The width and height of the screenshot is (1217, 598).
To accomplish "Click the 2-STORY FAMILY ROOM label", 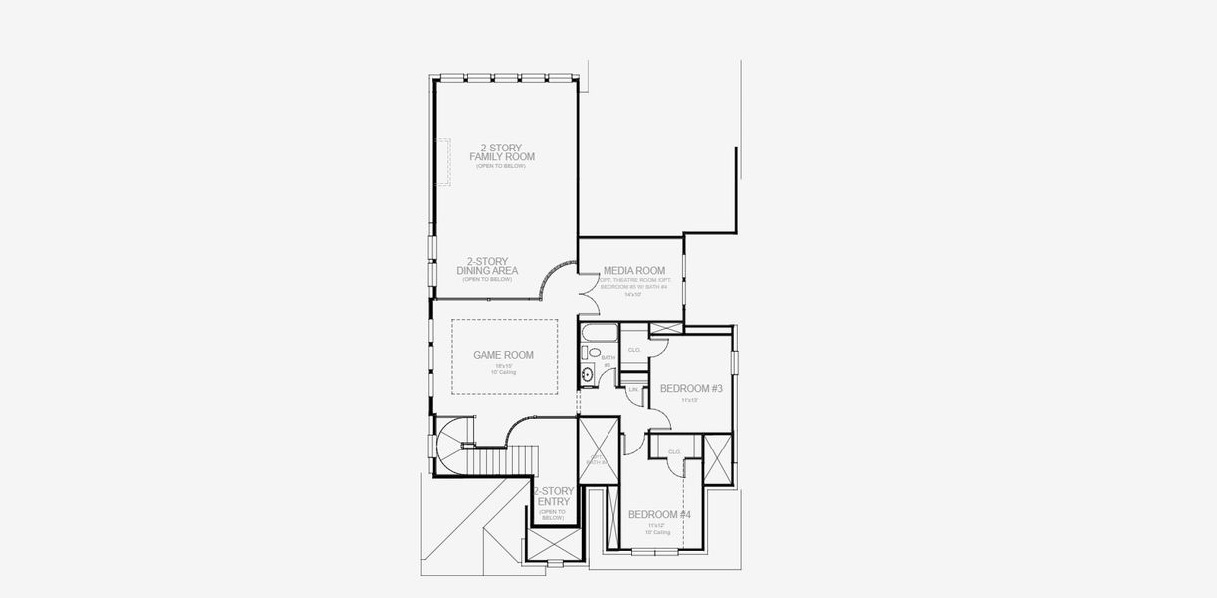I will [x=502, y=152].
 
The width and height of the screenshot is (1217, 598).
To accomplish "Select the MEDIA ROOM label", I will [x=633, y=271].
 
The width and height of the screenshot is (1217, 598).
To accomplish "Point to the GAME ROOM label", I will [x=503, y=355].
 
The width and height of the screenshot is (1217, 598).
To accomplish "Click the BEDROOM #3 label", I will [x=690, y=388].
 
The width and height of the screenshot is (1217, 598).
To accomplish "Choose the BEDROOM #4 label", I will [x=658, y=514].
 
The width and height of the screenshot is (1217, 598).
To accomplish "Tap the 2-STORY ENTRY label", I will [x=553, y=497].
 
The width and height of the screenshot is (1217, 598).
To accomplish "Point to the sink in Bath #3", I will [x=588, y=374].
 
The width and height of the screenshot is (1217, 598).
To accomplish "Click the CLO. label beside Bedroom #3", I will [x=634, y=350].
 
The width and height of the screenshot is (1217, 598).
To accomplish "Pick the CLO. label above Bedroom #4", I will [x=674, y=451].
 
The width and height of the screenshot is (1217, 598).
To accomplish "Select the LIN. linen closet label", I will [x=632, y=389].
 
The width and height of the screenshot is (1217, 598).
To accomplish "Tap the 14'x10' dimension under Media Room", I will [x=632, y=295].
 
